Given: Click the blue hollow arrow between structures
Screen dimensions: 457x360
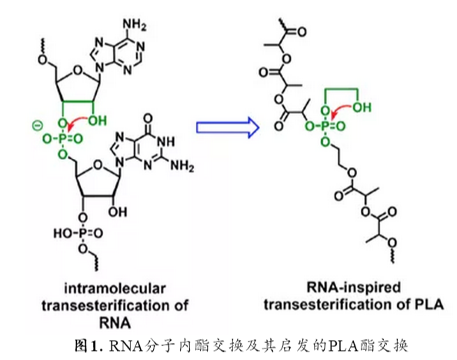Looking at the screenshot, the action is tap(227, 127).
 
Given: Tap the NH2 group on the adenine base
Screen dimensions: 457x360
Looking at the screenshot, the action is tap(134, 25).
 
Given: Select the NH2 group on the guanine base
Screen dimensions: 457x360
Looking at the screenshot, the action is tap(182, 166).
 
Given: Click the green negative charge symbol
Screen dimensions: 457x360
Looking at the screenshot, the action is tap(37, 125).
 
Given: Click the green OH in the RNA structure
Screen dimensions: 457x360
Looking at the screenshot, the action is tap(97, 121).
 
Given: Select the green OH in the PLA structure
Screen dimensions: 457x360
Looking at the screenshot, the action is tap(362, 107).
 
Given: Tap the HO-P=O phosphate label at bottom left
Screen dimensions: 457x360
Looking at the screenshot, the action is tap(78, 233).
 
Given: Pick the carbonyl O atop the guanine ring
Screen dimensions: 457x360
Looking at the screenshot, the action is tap(148, 118).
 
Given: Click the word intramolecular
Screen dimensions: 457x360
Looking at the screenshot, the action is tap(115, 288).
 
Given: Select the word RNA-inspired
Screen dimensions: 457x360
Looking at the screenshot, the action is tap(354, 288).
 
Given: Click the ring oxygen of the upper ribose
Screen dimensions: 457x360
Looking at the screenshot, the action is tap(77, 70).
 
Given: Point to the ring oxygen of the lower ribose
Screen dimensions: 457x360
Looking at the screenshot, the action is tap(98, 165).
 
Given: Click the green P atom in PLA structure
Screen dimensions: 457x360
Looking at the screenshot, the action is tap(326, 126).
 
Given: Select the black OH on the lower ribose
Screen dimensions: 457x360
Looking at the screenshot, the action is tap(118, 212).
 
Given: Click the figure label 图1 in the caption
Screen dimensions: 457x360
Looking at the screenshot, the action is tap(85, 345).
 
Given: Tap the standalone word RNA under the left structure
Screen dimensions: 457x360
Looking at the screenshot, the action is tap(115, 322).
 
